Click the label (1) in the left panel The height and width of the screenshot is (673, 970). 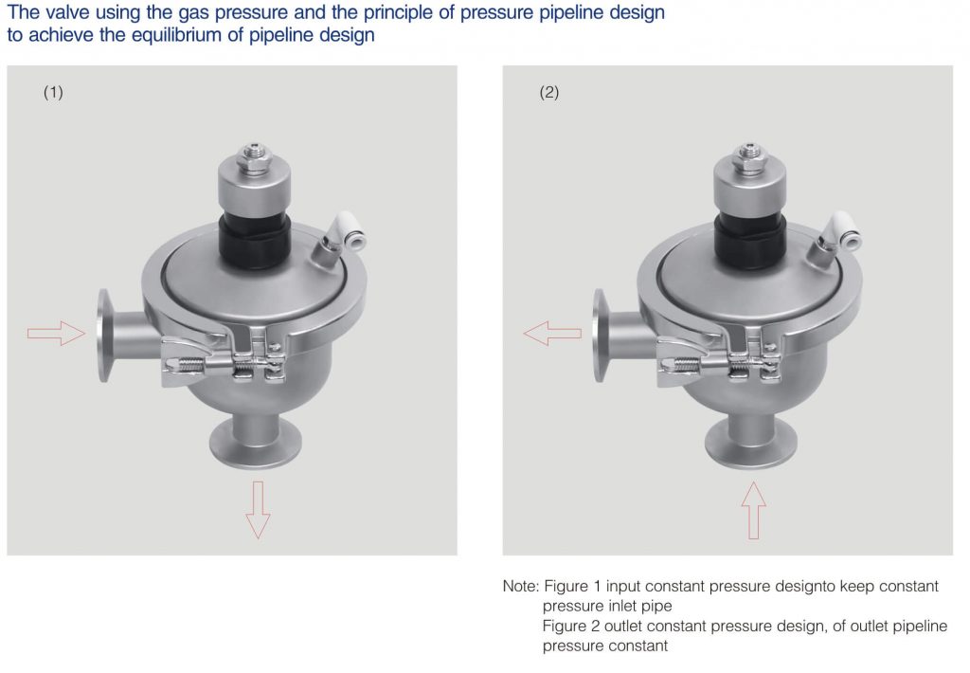[53, 93]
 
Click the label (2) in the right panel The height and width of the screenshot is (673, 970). [549, 93]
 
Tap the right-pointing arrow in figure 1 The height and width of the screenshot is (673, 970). [56, 333]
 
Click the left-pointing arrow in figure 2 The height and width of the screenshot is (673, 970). [552, 333]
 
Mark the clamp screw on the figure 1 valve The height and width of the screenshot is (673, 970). [227, 364]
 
